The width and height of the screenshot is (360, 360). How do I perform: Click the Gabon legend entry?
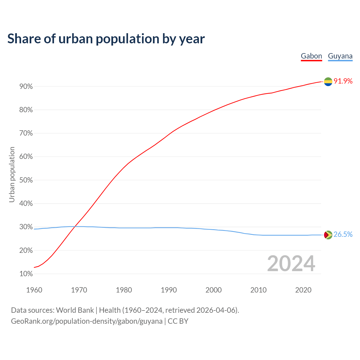point(311,56)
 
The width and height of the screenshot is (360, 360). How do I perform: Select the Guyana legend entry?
point(340,56)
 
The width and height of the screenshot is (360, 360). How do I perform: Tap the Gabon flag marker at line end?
point(328,82)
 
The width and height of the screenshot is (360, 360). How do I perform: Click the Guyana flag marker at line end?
point(328,235)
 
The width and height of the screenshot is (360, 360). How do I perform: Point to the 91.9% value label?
point(343,81)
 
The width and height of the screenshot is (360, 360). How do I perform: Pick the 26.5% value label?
point(343,235)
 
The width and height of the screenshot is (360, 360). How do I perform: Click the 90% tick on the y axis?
point(26,87)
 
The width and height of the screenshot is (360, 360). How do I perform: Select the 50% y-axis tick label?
point(26,180)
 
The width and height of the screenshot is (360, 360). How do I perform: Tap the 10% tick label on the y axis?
point(26,274)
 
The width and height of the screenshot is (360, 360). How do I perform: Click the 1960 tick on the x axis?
point(34,290)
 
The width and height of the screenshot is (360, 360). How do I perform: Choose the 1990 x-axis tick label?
point(169,290)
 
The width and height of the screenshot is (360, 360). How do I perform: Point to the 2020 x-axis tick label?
point(303,290)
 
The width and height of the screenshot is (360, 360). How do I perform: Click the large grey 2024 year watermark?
point(291,264)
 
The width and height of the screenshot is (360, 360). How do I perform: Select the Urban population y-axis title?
point(12,174)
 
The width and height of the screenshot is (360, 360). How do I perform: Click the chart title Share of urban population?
point(106,39)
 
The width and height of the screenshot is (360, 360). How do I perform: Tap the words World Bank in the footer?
point(75,310)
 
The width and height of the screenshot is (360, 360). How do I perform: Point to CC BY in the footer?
point(178,321)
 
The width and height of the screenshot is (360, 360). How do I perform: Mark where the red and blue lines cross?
point(75,226)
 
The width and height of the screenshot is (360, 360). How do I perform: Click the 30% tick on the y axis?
point(26,227)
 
